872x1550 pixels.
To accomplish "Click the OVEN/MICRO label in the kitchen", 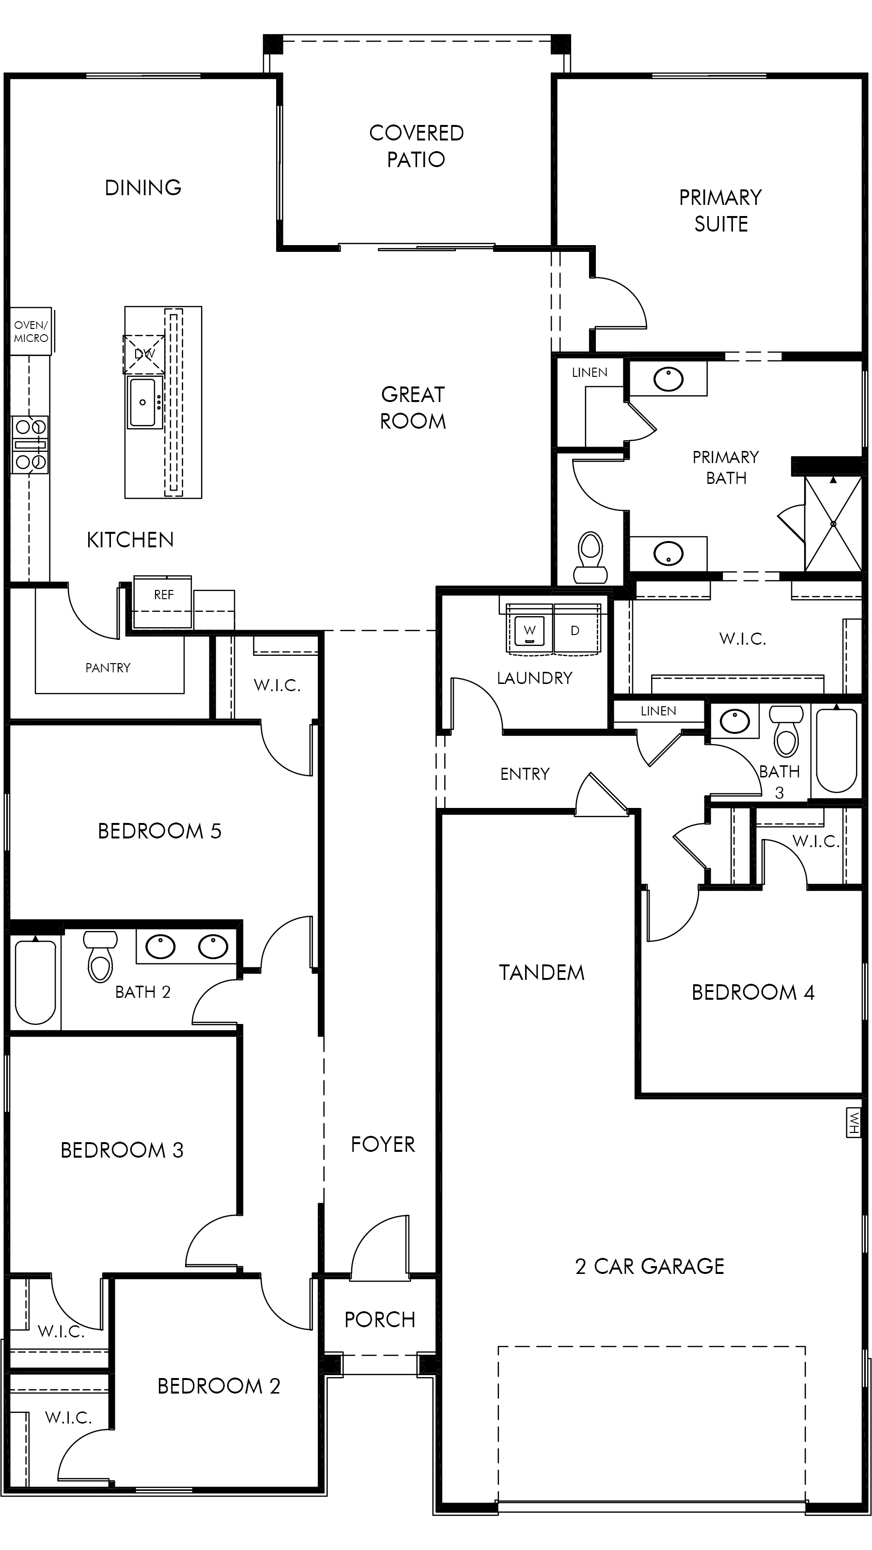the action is pyautogui.click(x=31, y=331).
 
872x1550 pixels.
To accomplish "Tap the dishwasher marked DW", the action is pyautogui.click(x=144, y=355).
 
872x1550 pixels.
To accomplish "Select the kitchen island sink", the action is pyautogui.click(x=144, y=402).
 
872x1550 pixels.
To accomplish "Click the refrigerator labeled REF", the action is pyautogui.click(x=162, y=602).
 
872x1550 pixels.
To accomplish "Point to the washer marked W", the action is pyautogui.click(x=529, y=631).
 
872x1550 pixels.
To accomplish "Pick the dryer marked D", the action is pyautogui.click(x=576, y=631).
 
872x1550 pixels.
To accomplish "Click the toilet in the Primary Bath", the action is pyautogui.click(x=591, y=557).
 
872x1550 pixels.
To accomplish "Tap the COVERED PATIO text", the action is pyautogui.click(x=417, y=146).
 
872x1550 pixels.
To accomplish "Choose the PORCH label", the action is pyautogui.click(x=380, y=1319).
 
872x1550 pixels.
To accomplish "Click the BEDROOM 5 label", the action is pyautogui.click(x=159, y=831).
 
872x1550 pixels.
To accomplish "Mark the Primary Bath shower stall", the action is pyautogui.click(x=833, y=524).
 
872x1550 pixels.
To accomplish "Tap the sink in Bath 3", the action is pyautogui.click(x=735, y=721).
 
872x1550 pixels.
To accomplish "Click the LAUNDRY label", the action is pyautogui.click(x=534, y=678).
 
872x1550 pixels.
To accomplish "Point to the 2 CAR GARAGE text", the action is pyautogui.click(x=649, y=1267).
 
